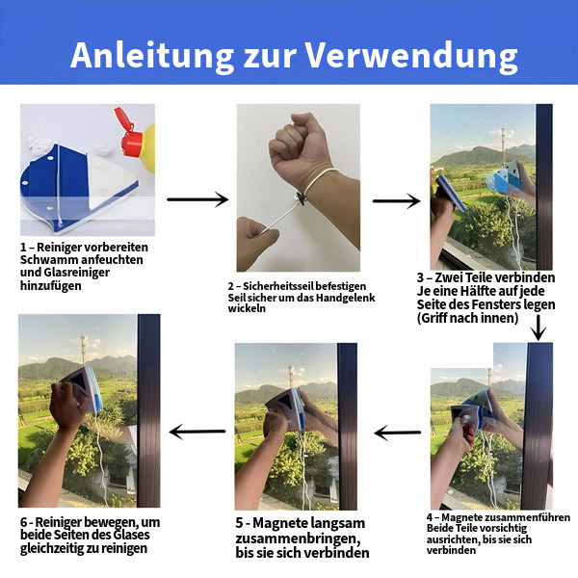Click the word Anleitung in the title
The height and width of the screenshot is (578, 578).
coord(152,55)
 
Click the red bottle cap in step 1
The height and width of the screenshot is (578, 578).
coord(129,133)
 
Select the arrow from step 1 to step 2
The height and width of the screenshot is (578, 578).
coord(197,199)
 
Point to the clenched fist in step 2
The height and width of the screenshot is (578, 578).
coord(300,147)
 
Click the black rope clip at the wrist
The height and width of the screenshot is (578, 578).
coord(301,198)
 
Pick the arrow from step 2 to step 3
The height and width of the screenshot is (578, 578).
coord(396,201)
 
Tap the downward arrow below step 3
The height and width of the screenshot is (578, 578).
coord(539,328)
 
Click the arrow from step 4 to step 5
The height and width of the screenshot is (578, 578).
coord(397,432)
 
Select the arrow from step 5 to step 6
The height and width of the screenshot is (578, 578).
coord(197,432)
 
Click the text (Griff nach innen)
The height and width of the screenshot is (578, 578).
coord(468,318)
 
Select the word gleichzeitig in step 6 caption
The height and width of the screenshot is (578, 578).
coord(52,548)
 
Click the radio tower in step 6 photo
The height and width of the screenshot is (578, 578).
coord(84,350)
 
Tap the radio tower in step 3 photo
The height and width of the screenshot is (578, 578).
coord(503,146)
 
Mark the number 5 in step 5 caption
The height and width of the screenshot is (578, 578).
coord(240,523)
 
